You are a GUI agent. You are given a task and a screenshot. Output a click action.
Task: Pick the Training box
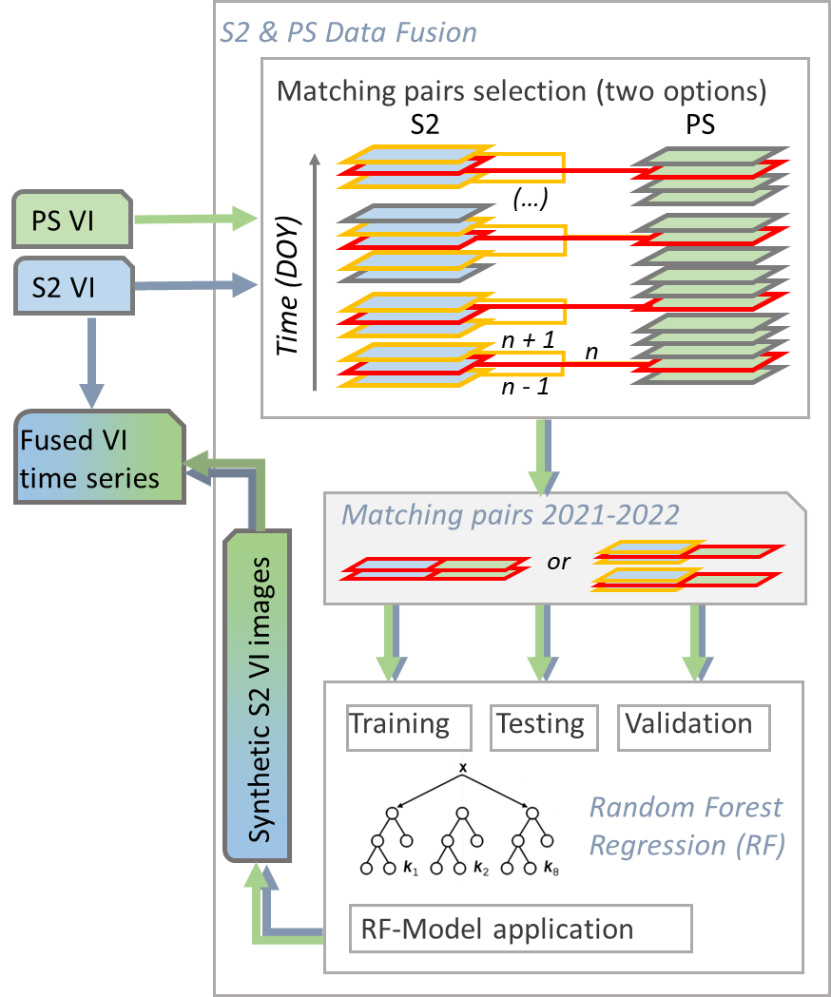pos(409,726)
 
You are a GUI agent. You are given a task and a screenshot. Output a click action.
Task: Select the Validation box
pos(693,726)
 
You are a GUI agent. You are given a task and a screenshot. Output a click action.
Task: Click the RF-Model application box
pos(520,929)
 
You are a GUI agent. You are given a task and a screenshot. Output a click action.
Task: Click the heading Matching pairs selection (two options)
pos(522,92)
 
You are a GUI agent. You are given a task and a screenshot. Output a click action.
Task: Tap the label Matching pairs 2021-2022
pos(511,515)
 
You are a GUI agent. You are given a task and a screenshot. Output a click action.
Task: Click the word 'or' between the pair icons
pos(559,562)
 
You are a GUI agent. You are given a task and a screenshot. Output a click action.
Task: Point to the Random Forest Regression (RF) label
pos(687,826)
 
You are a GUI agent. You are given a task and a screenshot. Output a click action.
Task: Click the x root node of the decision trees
pos(463,767)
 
